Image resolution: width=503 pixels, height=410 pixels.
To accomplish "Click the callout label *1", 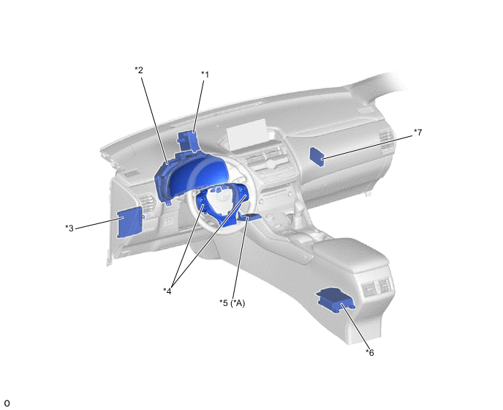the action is (x=205, y=75).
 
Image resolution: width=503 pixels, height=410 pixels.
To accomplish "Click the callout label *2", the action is (x=139, y=70).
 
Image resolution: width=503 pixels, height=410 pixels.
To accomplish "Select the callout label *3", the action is (x=69, y=228).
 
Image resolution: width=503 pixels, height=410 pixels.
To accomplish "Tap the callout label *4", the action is (x=167, y=291).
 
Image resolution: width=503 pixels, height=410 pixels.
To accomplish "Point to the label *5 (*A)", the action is (x=232, y=303).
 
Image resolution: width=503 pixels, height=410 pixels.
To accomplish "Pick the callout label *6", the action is (x=370, y=352).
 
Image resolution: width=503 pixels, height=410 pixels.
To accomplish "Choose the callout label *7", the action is (x=417, y=132).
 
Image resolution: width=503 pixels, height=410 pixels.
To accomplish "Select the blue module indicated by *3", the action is (x=129, y=223).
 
